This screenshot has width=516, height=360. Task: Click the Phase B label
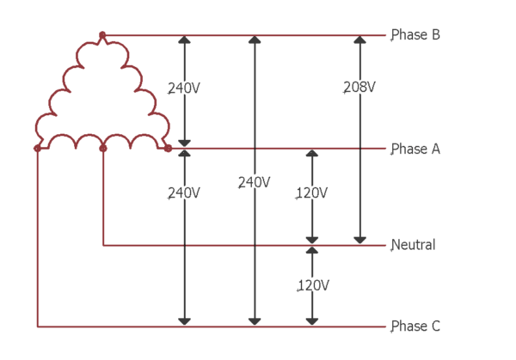point(415,35)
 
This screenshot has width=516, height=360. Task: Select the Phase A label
point(415,149)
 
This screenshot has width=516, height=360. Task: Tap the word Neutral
point(414,245)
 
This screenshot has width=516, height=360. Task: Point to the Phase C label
point(415,326)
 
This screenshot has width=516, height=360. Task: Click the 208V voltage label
point(359,88)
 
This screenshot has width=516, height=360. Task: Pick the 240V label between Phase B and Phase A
point(184,88)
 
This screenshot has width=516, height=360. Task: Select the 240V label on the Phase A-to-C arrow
point(184,193)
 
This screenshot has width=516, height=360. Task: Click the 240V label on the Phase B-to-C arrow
point(254,182)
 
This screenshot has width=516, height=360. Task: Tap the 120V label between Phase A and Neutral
point(311,193)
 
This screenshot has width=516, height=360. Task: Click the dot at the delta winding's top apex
point(102,35)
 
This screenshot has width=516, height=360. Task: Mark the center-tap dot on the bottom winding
point(103,149)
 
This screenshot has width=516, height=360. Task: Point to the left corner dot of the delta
point(37,149)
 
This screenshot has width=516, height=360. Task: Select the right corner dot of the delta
point(168,149)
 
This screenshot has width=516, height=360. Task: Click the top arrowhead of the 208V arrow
point(359,40)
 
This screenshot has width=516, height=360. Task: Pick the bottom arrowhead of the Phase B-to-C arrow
point(254,322)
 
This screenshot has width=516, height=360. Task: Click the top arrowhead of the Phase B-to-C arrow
point(254,40)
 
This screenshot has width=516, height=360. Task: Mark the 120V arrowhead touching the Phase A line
point(312,154)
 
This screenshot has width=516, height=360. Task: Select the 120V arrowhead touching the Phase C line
point(312,322)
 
